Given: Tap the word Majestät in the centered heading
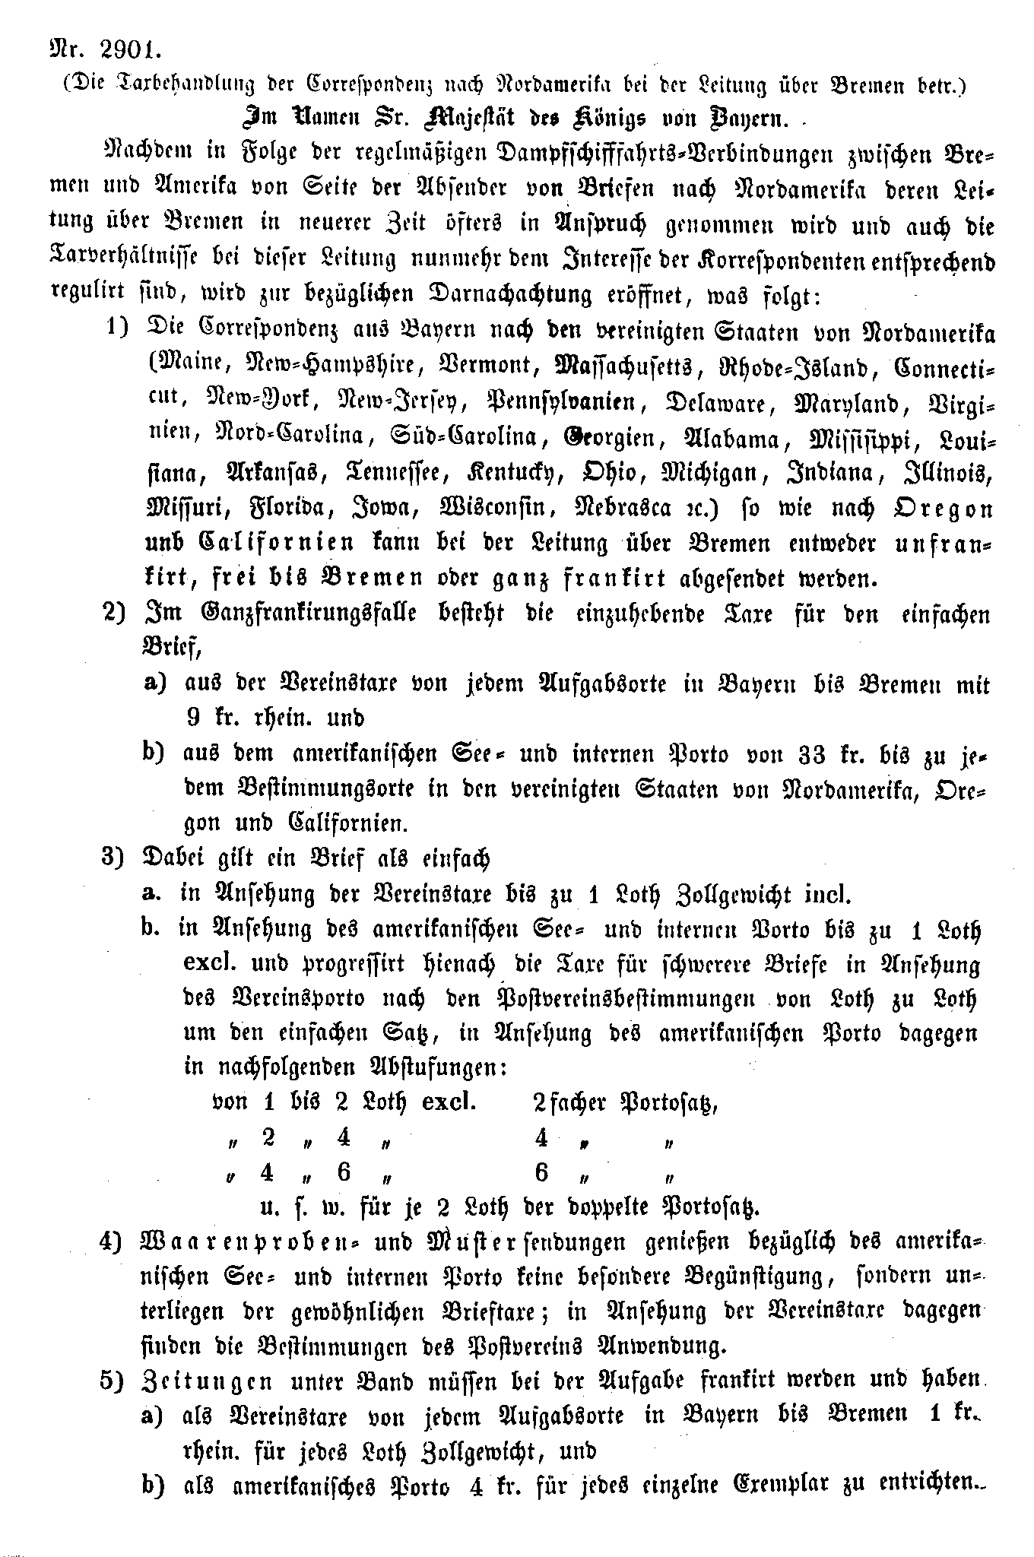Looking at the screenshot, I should (x=463, y=119).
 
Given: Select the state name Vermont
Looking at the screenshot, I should (x=485, y=364).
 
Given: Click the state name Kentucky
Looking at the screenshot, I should (x=516, y=473).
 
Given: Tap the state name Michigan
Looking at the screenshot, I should (x=714, y=473).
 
